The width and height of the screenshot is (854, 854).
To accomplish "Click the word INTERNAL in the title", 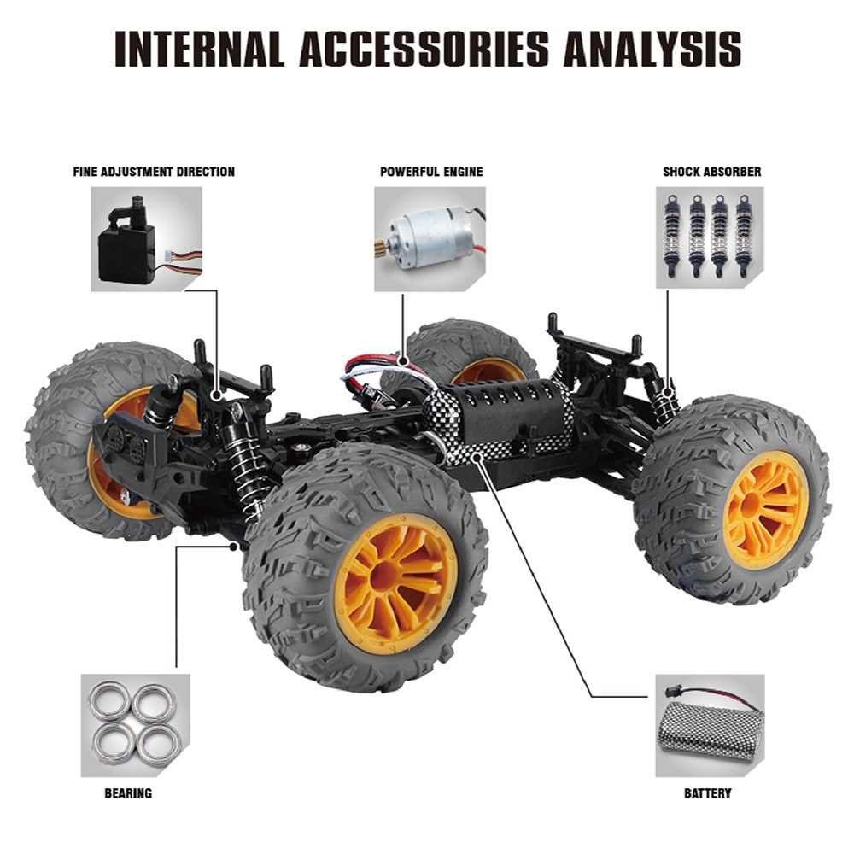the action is (x=200, y=49).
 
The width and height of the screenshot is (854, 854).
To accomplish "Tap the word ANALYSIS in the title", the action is (x=652, y=49).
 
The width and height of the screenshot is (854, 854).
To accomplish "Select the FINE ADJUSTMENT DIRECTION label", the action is (x=154, y=173).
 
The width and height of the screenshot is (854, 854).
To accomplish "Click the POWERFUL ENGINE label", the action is (x=431, y=173).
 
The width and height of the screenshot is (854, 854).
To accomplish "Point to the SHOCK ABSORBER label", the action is (x=712, y=173).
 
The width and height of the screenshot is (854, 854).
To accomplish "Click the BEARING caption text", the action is (x=128, y=793).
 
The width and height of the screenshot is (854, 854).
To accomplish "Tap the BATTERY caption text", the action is (x=707, y=793).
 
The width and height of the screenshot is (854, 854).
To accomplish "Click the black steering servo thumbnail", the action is (x=147, y=239).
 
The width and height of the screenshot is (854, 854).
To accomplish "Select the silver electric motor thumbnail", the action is (x=430, y=239).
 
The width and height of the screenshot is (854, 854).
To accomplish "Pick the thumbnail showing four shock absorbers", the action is (x=710, y=237).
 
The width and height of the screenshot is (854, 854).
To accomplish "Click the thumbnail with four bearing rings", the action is (x=136, y=725).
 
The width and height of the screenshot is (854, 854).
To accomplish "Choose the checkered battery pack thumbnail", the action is (x=710, y=725).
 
